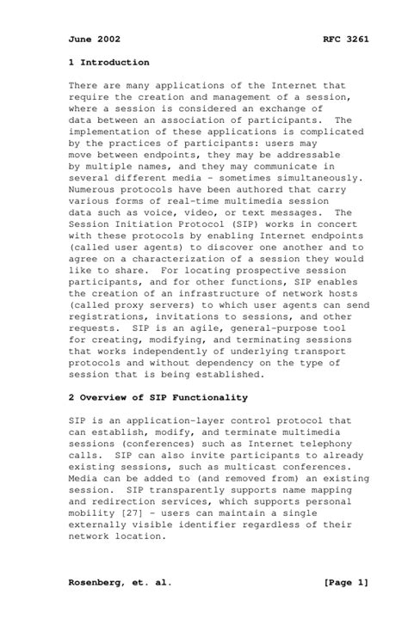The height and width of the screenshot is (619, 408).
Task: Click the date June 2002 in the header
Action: (x=94, y=40)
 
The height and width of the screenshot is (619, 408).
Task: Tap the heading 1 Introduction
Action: (x=109, y=63)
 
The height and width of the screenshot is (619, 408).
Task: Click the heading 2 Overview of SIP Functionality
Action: (x=158, y=398)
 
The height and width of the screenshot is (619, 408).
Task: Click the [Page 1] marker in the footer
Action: (x=346, y=583)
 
